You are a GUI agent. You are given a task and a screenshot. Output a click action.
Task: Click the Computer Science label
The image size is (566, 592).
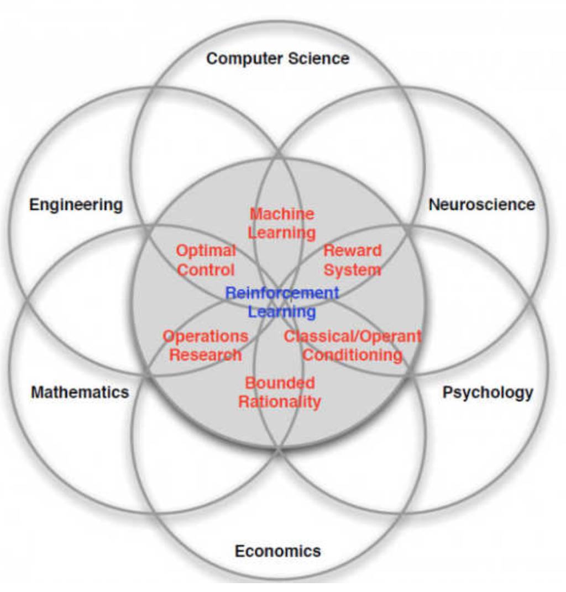click(277, 59)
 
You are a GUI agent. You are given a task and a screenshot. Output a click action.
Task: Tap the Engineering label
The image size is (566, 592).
click(76, 205)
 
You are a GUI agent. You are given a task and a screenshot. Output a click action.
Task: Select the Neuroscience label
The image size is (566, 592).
click(481, 205)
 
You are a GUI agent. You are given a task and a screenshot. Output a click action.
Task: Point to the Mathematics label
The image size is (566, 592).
click(80, 393)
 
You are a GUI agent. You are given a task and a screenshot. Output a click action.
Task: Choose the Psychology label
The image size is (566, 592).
click(488, 393)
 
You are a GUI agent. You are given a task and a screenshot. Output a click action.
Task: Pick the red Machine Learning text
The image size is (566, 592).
click(282, 223)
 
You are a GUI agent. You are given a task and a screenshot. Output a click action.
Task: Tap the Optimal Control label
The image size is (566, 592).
click(206, 260)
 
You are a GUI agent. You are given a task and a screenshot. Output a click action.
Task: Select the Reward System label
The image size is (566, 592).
click(352, 260)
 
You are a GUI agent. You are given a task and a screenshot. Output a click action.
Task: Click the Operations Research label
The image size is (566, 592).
click(205, 345)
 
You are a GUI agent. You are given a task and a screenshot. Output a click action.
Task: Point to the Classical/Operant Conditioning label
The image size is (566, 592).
click(353, 345)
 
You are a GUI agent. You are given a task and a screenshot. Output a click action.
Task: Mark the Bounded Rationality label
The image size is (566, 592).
click(280, 392)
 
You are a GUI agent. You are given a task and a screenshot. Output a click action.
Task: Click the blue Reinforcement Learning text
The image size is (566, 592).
click(282, 302)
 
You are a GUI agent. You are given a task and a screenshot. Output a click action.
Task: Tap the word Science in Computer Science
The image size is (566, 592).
click(320, 59)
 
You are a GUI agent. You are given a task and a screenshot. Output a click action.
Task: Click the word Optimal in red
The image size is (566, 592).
click(206, 251)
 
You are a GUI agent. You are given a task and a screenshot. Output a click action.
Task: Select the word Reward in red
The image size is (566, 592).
click(352, 251)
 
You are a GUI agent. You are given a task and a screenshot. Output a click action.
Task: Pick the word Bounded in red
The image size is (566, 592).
click(280, 383)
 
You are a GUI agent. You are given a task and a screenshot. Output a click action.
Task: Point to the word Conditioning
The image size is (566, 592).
click(353, 355)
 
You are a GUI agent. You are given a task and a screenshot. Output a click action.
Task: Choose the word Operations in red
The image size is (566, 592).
click(205, 336)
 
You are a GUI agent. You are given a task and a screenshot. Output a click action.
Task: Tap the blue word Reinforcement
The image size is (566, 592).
click(282, 293)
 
